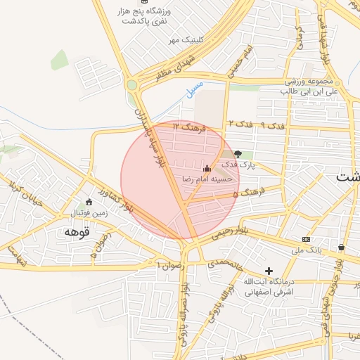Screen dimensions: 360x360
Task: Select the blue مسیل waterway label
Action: click(x=194, y=89)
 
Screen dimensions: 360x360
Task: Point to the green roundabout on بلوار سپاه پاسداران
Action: click(x=131, y=85)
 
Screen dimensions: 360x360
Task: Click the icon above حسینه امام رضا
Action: click(x=206, y=169)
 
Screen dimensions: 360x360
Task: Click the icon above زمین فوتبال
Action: click(x=88, y=201)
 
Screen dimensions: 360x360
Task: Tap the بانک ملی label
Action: click(x=305, y=250)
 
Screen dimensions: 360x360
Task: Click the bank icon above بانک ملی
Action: click(x=306, y=238)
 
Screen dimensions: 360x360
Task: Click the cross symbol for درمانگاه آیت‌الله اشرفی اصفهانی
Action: click(x=268, y=270)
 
